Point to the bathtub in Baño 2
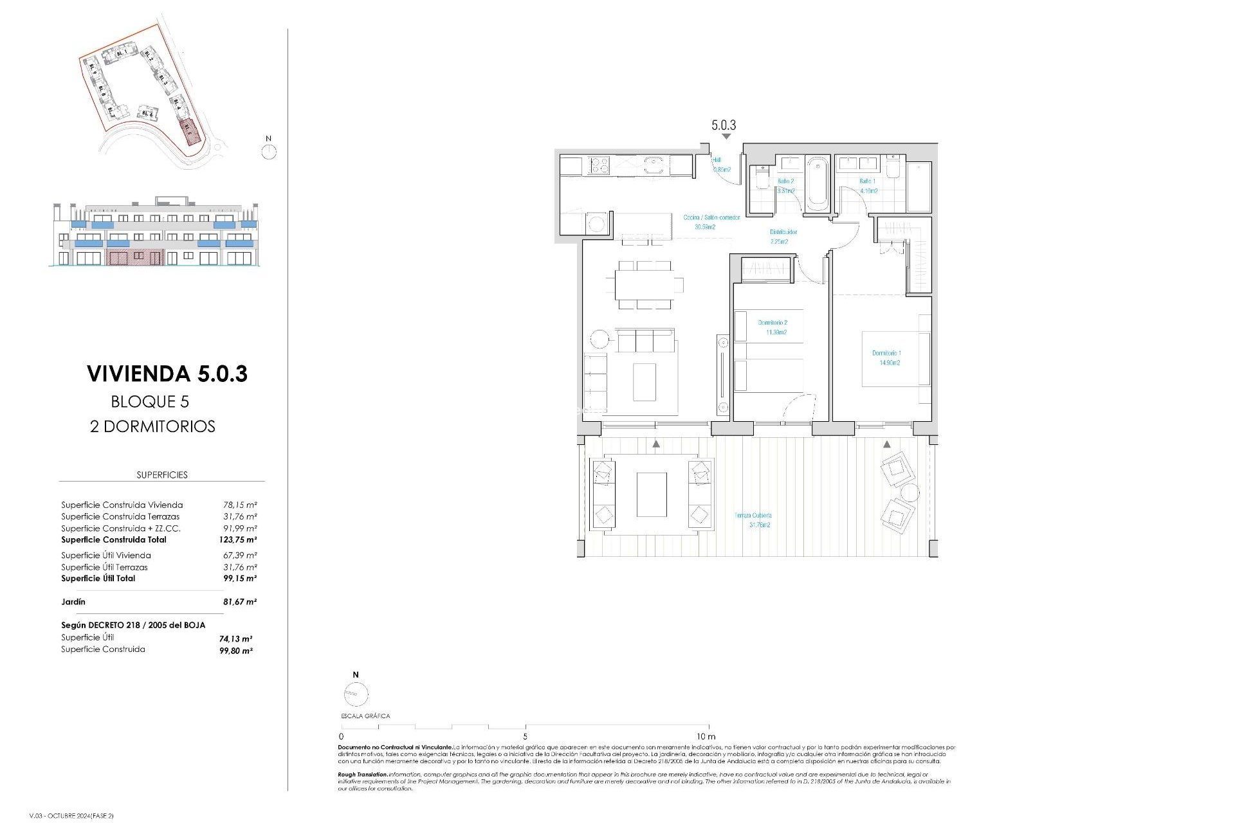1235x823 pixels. click(817, 183)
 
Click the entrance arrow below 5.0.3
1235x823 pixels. click(726, 136)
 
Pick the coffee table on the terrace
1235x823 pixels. click(652, 494)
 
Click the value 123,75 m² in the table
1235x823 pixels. click(237, 540)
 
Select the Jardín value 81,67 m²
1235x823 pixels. click(239, 602)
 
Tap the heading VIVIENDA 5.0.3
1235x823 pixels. click(167, 374)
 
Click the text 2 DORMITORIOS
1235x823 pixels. click(152, 426)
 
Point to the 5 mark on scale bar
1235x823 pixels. click(525, 736)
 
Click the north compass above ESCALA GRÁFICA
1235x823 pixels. click(356, 694)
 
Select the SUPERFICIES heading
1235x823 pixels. click(162, 475)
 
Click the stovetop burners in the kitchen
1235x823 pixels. click(599, 165)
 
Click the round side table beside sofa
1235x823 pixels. click(599, 339)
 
